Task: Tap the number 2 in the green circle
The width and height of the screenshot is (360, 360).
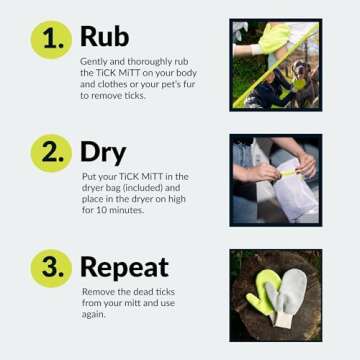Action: [50, 153]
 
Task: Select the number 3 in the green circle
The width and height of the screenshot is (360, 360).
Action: [50, 267]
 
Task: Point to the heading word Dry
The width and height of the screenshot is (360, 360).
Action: [103, 152]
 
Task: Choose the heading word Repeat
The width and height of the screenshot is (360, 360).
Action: [124, 267]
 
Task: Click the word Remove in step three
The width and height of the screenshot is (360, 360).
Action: [96, 291]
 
